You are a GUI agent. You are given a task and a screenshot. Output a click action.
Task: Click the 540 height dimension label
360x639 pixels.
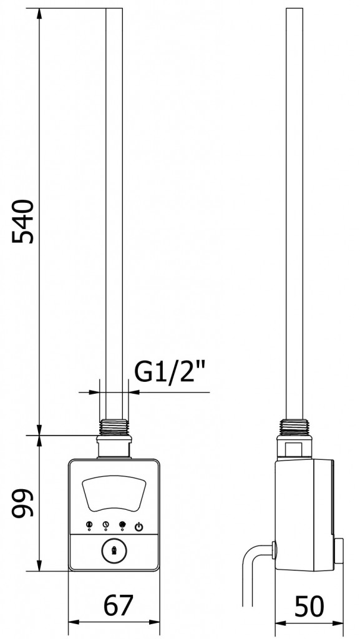pos(22,222)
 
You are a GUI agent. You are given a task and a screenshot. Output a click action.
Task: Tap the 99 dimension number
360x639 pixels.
pos(22,503)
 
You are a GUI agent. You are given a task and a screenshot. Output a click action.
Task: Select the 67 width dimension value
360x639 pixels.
pos(118,605)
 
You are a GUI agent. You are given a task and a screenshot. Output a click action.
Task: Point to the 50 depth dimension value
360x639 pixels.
pos(309,605)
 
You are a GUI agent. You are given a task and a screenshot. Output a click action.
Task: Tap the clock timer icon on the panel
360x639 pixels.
pos(105,525)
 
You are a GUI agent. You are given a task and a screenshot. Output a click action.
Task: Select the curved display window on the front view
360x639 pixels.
pos(114,495)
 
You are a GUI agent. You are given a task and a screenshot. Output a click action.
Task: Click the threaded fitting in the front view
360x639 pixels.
pos(114,427)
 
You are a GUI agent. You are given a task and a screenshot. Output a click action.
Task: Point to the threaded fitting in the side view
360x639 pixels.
pos(294,427)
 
